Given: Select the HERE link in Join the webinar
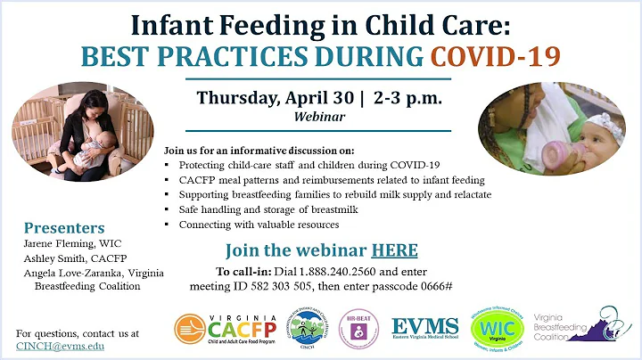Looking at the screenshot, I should (394, 250).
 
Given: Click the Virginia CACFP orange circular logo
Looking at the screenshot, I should (194, 329).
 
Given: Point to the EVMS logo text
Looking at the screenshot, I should (425, 325).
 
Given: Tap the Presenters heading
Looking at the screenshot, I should (64, 227).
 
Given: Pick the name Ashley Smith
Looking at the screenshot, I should (55, 258).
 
